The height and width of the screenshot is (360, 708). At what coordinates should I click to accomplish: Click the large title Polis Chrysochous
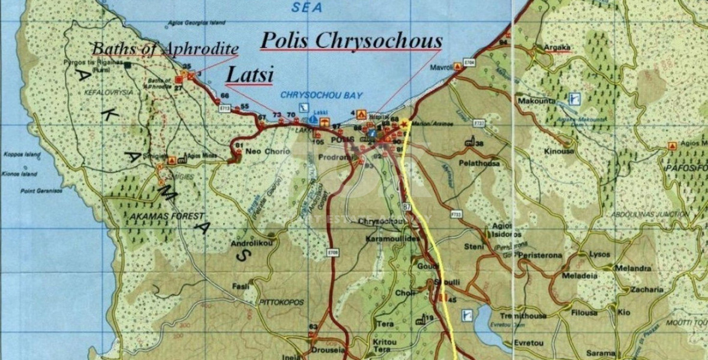tap(352, 41)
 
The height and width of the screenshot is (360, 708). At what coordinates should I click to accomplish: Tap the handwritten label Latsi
tap(249, 75)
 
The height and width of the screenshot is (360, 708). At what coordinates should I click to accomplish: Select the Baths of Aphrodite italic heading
tap(164, 49)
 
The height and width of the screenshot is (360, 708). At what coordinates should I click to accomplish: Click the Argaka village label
tap(556, 47)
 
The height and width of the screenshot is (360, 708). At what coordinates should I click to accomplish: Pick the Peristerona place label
tap(541, 256)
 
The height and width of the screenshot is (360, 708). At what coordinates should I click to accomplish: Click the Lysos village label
tap(599, 254)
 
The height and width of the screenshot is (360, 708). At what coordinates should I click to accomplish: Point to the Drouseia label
tap(328, 349)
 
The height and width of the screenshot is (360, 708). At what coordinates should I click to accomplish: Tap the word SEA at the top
tap(306, 8)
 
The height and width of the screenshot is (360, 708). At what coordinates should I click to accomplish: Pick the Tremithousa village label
tap(524, 316)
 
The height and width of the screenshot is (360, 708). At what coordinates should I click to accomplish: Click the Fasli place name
tap(241, 286)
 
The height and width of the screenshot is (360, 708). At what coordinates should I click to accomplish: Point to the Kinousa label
tap(559, 152)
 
